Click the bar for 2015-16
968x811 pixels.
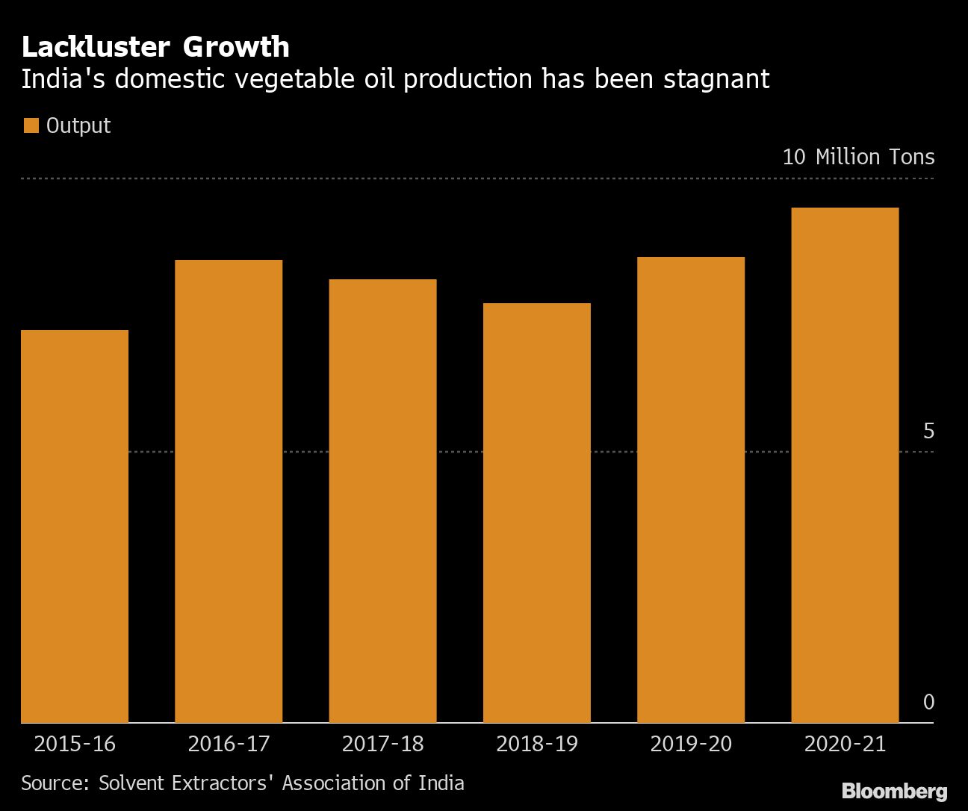coord(75,526)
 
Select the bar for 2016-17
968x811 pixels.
coord(229,491)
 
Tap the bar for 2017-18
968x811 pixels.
coord(382,500)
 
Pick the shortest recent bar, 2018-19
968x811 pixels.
coord(536,512)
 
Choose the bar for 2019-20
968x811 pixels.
coord(691,489)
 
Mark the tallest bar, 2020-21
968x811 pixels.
coord(845,464)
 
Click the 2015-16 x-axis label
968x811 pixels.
coord(75,744)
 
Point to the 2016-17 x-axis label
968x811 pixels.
coord(229,744)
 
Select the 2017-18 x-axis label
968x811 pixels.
coord(382,744)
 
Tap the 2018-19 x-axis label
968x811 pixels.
coord(536,744)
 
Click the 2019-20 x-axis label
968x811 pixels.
coord(691,744)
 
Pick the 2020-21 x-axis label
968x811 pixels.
coord(845,744)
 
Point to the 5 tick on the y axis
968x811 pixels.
coord(928,431)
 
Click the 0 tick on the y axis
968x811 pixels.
coord(928,702)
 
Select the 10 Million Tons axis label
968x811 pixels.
coord(858,157)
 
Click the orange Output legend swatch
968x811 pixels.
coord(31,125)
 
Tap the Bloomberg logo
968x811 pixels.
coord(894,792)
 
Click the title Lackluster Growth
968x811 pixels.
coord(155,47)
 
